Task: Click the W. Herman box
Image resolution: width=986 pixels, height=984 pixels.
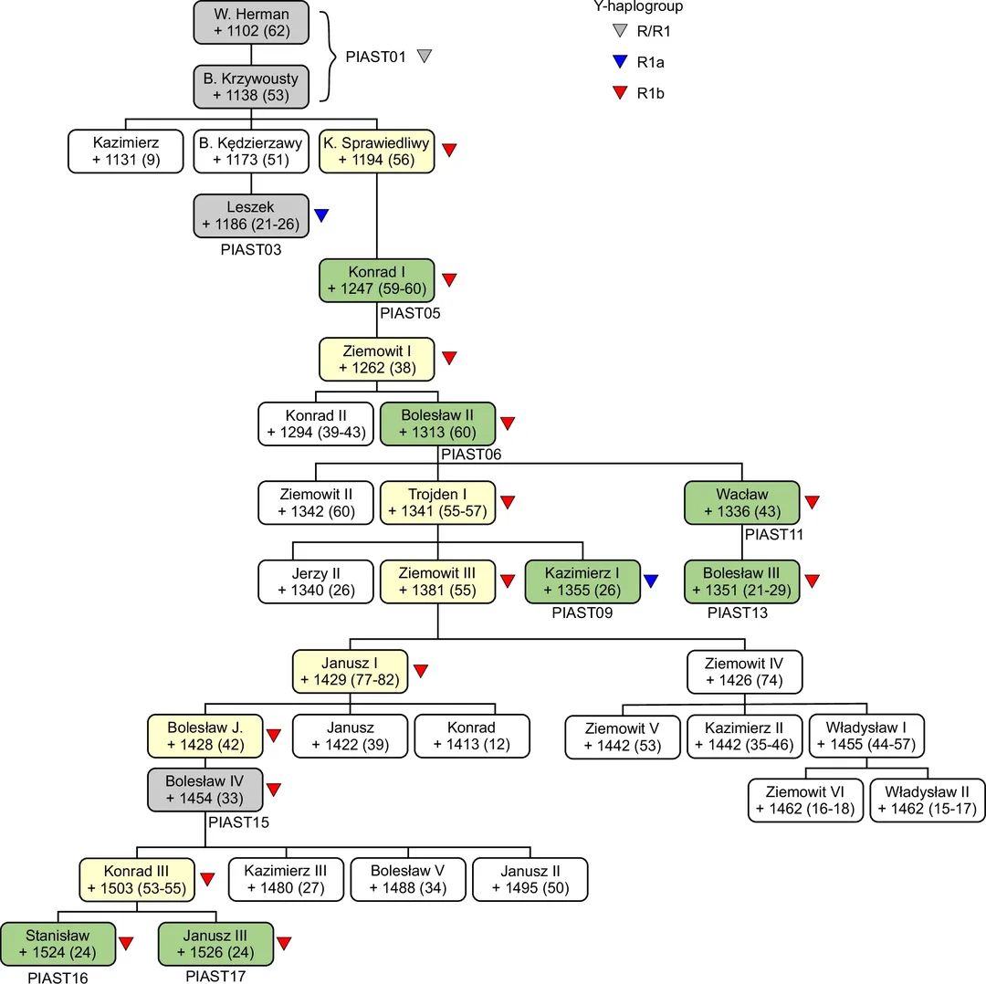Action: pos(251,23)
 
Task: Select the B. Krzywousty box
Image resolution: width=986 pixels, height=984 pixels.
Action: pos(251,87)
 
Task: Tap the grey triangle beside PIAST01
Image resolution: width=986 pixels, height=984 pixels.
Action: pos(424,57)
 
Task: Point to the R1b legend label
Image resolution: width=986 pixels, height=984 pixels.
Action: pos(651,92)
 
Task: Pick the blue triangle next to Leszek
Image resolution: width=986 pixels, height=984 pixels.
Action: pos(321,215)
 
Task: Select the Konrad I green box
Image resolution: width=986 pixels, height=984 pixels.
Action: pos(376,280)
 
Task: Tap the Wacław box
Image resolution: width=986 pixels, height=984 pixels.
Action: pos(742,501)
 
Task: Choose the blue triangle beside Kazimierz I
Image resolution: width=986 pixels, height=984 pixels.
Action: pos(651,580)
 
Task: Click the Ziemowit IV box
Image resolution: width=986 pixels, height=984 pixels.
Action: pos(744,671)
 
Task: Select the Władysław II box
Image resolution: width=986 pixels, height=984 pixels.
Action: pos(928,800)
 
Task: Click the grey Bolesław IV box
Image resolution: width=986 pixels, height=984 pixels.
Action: pos(205,790)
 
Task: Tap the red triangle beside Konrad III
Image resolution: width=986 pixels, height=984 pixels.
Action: pos(207,879)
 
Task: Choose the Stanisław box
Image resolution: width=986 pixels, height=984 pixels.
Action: pos(58,945)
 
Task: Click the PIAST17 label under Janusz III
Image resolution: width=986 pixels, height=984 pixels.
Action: pos(216,976)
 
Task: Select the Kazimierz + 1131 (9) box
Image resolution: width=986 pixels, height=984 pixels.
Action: pos(125,152)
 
